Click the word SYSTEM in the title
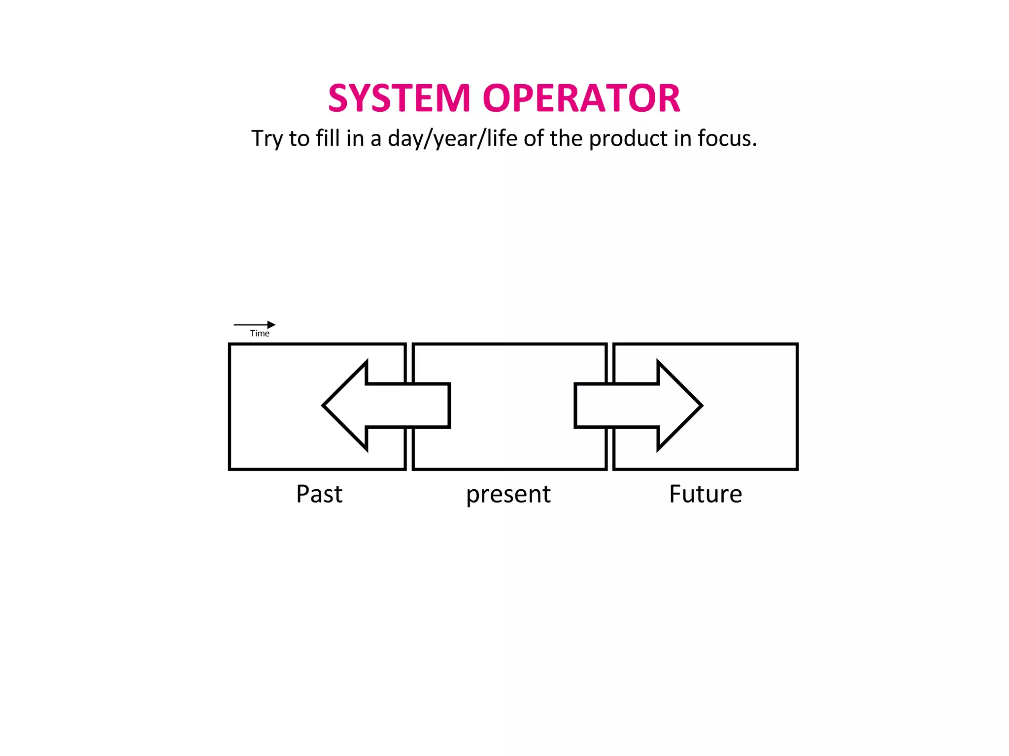pos(400,98)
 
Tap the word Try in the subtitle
pos(267,139)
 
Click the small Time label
pos(260,334)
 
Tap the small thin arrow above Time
pos(254,325)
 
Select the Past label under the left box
pos(319,494)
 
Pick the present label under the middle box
pos(508,495)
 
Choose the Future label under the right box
pos(706,494)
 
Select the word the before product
pos(567,139)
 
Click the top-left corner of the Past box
pos(230,345)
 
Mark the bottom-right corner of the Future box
pos(797,469)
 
